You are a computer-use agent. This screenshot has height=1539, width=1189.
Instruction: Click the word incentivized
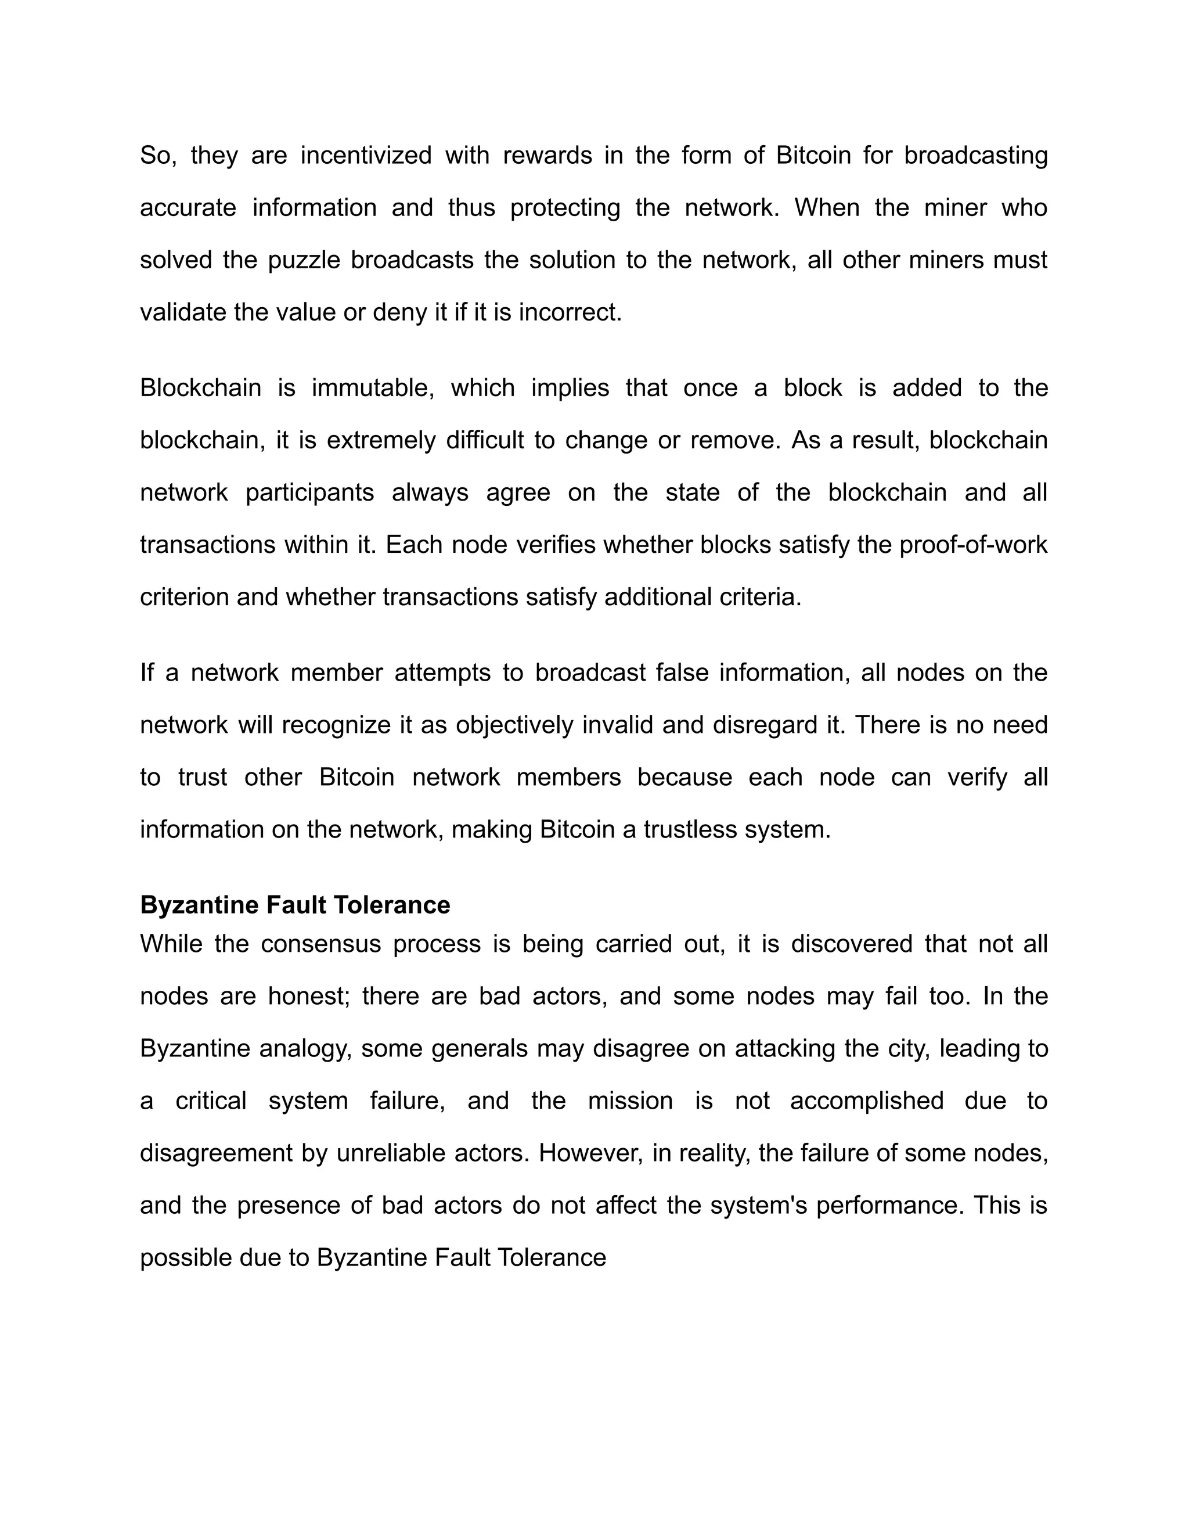click(x=366, y=155)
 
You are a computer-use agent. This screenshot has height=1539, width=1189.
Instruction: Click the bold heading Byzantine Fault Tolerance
click(x=295, y=904)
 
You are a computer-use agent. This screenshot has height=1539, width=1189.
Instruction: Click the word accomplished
click(x=866, y=1100)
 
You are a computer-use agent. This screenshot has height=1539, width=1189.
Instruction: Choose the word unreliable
click(x=391, y=1153)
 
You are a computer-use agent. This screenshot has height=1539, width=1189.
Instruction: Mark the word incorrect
click(x=570, y=312)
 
